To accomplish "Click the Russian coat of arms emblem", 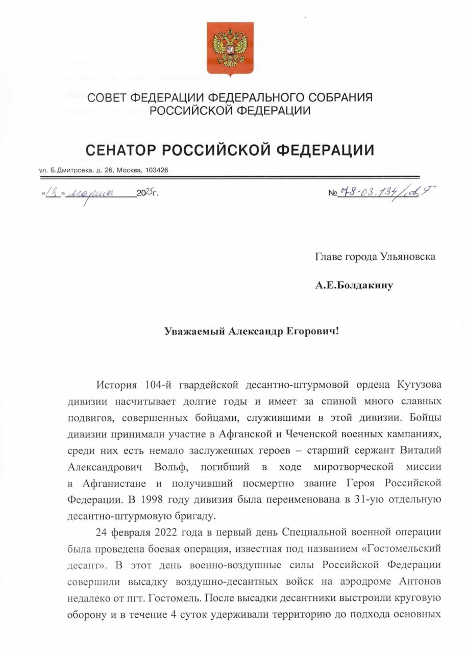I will (x=230, y=49).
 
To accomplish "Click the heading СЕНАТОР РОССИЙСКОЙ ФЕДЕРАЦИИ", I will (x=230, y=150).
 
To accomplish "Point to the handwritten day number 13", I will (x=53, y=194).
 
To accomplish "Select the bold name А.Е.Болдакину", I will (x=354, y=285).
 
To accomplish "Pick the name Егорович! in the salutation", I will (x=311, y=331).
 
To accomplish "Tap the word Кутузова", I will (x=418, y=384).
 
